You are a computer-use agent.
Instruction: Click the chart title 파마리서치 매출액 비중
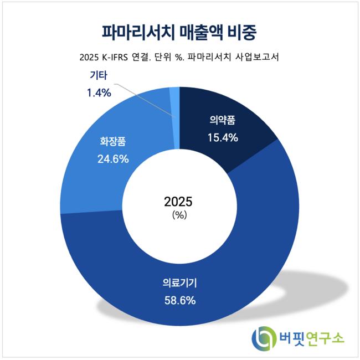179,32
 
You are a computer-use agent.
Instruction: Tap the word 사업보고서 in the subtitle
257,57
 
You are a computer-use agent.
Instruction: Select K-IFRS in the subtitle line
114,58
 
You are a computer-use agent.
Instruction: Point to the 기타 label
98,75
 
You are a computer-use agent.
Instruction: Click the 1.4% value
99,92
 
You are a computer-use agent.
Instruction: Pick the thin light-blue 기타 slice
175,118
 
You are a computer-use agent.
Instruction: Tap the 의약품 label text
223,121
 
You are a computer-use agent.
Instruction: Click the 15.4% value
223,138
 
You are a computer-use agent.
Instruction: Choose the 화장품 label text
113,141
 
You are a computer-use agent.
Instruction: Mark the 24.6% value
113,159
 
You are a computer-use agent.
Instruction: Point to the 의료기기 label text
180,283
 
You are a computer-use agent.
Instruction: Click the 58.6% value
180,300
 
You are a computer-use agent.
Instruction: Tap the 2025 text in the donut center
178,202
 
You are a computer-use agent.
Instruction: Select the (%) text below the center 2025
179,215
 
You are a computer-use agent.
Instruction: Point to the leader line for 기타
145,100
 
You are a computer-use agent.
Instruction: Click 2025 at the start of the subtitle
88,58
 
